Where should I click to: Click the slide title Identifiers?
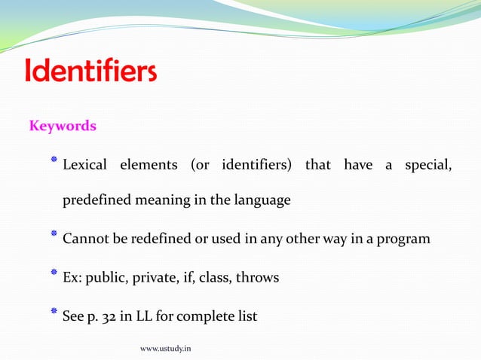pos(91,72)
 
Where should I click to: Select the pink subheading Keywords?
pos(63,126)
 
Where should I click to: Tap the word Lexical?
pos(84,165)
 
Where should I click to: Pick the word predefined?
pos(97,202)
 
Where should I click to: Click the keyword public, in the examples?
pos(106,278)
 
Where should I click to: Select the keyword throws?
pos(257,278)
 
